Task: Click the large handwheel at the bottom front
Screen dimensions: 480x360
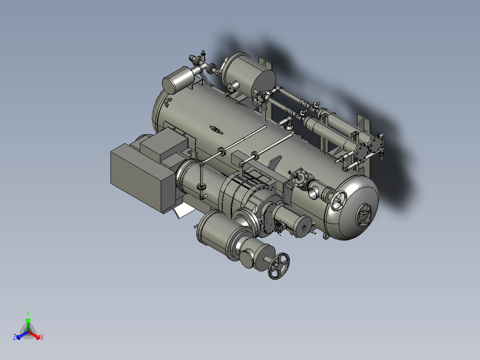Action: (x=279, y=266)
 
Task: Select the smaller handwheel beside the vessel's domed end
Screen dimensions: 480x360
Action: (x=338, y=200)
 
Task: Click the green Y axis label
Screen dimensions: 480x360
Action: (x=28, y=313)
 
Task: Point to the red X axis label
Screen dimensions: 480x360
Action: (x=42, y=337)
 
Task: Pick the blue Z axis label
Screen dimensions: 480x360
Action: (x=15, y=337)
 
